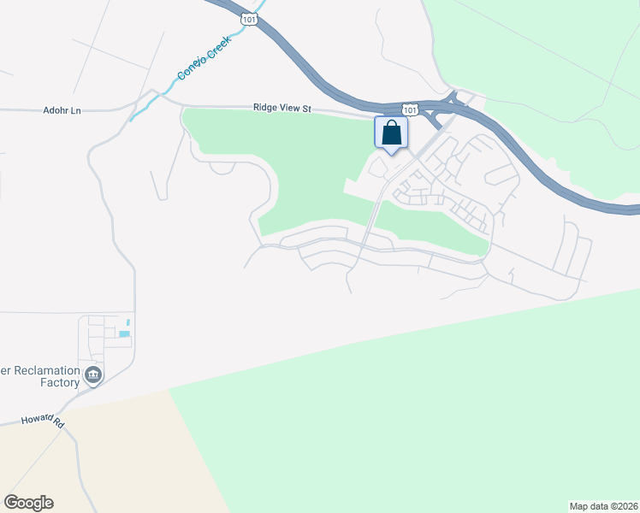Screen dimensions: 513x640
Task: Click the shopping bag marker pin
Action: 391,133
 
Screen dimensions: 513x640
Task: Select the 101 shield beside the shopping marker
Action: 411,109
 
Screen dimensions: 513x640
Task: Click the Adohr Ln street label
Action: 61,110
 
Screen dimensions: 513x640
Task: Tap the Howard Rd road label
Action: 44,422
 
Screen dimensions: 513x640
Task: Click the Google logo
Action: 28,503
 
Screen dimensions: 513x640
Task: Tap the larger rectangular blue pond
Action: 123,333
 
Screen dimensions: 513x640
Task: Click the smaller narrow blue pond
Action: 129,322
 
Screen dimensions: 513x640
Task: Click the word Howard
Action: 37,422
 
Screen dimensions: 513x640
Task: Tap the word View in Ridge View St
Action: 288,108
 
